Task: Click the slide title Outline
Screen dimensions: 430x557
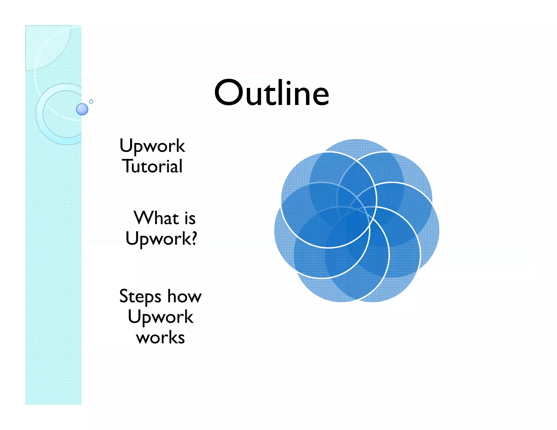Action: (271, 93)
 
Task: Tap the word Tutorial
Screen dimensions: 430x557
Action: (152, 166)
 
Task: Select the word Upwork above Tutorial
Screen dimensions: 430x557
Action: (152, 146)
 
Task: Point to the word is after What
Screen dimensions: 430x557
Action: (190, 218)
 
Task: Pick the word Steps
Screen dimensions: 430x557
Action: (140, 296)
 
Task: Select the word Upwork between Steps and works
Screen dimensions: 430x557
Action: (160, 317)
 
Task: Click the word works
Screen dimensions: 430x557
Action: (160, 338)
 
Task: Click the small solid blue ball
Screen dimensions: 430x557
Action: (82, 109)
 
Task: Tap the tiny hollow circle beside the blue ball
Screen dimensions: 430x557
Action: (91, 101)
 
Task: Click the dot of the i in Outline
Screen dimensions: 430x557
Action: (289, 82)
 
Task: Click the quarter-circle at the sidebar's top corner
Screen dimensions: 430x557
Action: (46, 46)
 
